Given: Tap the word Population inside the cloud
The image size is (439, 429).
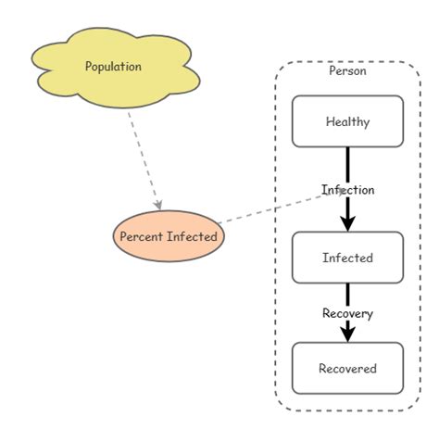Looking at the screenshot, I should click(113, 67).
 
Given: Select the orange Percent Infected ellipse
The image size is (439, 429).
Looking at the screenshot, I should click(169, 236).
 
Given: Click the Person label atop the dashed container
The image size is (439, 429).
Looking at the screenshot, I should click(347, 70).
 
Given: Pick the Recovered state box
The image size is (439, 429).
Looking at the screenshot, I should click(347, 368).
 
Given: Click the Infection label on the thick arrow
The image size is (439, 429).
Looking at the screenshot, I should click(348, 190).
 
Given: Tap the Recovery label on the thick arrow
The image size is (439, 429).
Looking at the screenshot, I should click(347, 313).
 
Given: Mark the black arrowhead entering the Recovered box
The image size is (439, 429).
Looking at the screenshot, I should click(347, 334).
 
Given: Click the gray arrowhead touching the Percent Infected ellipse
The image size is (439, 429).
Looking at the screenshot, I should click(158, 203).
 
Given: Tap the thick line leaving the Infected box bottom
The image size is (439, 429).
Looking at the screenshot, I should click(347, 294).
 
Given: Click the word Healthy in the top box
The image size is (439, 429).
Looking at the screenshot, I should click(347, 121).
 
